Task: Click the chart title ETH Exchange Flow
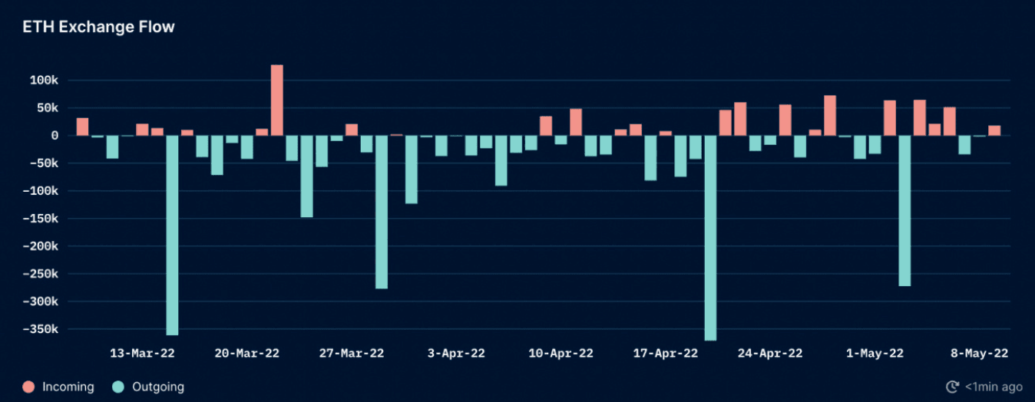(98, 27)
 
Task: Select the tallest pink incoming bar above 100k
(276, 100)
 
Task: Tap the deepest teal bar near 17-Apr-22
(710, 238)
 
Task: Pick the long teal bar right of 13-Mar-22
(172, 235)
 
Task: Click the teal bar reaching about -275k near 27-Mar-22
(382, 212)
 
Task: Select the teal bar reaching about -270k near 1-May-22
(904, 210)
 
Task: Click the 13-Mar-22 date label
(143, 353)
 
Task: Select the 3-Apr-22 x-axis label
(456, 353)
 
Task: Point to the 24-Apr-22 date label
(770, 353)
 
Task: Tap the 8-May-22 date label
(979, 353)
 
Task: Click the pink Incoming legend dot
(28, 387)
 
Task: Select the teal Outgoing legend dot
(118, 387)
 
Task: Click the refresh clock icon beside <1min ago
(953, 387)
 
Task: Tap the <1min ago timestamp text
(994, 387)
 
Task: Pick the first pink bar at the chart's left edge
(82, 127)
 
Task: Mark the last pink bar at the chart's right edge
(994, 130)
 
